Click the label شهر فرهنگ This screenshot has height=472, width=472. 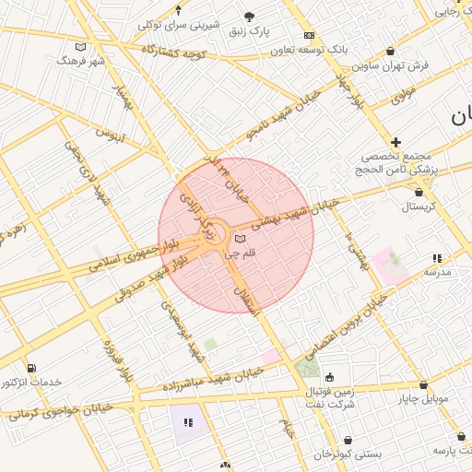(81, 60)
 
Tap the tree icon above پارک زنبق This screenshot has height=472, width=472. (250, 16)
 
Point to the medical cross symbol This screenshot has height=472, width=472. (395, 142)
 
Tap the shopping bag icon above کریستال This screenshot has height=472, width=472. (420, 193)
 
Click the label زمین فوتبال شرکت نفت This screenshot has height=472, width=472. (333, 397)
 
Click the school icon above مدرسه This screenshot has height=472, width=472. (435, 259)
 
